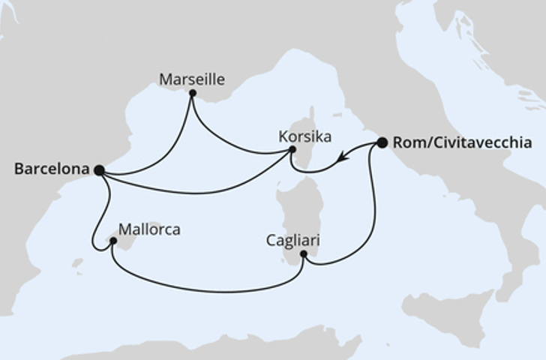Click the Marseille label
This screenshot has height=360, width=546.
[x=192, y=79]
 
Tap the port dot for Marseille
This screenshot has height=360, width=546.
[x=193, y=93]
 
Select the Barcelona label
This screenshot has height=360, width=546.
[x=52, y=169]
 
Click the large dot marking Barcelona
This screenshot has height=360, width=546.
[x=100, y=170]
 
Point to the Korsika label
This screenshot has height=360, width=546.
[x=304, y=136]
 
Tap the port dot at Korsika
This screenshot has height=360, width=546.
[x=292, y=150]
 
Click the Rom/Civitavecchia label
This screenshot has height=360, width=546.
[x=462, y=143]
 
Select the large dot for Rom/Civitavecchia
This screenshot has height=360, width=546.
[x=382, y=142]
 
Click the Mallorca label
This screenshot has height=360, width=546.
[x=149, y=229]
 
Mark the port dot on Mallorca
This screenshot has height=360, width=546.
[x=113, y=241]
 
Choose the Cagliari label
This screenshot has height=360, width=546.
[x=292, y=241]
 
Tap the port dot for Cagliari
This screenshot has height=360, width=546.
[x=304, y=254]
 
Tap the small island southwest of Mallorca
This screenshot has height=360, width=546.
[x=77, y=262]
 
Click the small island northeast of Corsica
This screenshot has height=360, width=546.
[x=337, y=115]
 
